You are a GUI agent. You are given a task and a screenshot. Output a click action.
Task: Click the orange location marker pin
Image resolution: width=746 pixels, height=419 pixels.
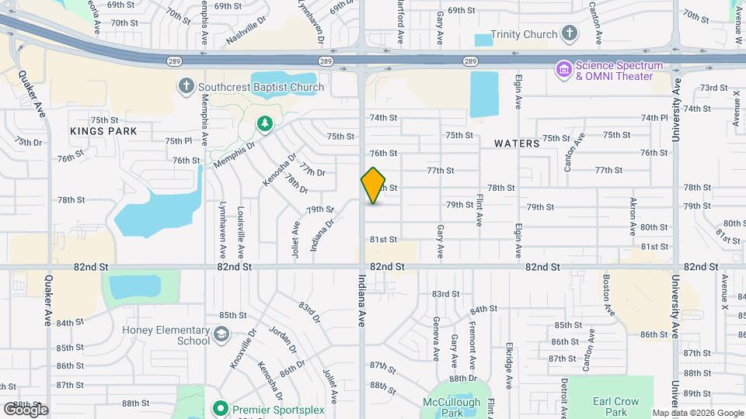coord(373,185)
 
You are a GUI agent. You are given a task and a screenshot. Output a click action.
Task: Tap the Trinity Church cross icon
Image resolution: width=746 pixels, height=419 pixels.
coord(570,33)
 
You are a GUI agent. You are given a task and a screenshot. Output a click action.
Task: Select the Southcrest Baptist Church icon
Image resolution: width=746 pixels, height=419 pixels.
coord(186,86)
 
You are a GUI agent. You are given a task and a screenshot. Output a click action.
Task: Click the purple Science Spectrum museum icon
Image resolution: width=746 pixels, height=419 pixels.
coord(563,70)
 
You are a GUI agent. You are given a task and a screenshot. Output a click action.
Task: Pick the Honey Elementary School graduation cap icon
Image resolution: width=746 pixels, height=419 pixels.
coord(221,334)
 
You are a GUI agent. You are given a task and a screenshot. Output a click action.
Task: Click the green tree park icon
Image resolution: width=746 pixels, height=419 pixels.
coord(265,124)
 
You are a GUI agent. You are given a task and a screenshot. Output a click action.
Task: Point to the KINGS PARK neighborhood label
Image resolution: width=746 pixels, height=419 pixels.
coord(103,131)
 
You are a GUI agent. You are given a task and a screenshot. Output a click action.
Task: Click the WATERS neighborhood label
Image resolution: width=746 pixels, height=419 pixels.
coord(516,144)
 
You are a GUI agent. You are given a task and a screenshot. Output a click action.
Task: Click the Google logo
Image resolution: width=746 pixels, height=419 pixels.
coord(26,409)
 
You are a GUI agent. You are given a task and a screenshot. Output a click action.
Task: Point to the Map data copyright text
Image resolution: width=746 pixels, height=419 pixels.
coord(697,413)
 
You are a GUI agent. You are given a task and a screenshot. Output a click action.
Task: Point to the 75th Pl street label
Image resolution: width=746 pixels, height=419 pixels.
coord(178,140)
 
